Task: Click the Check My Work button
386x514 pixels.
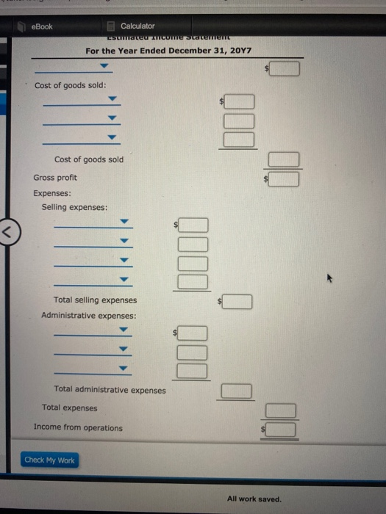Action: click(x=49, y=460)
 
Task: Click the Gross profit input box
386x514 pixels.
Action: click(x=287, y=178)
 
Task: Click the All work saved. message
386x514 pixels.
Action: click(x=254, y=499)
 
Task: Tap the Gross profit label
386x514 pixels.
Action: click(x=55, y=178)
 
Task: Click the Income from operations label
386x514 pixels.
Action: click(x=78, y=427)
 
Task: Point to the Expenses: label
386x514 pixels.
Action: click(x=52, y=193)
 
